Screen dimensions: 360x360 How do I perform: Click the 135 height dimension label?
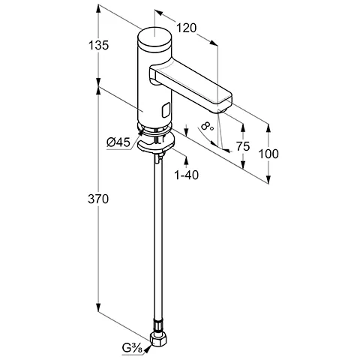(98, 45)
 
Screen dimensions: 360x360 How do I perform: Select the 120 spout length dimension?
(187, 28)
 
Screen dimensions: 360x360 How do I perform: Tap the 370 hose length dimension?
(98, 199)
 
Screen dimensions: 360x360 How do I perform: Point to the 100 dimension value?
(268, 154)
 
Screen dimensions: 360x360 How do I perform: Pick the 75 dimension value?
(242, 147)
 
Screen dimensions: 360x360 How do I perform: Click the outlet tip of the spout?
(222, 106)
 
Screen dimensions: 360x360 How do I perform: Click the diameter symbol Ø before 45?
(110, 140)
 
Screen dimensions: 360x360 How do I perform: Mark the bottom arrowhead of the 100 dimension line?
(268, 179)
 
